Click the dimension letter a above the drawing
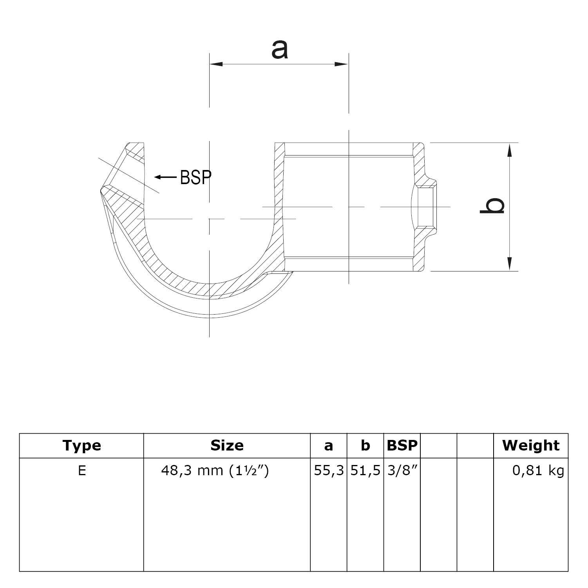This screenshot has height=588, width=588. (x=279, y=50)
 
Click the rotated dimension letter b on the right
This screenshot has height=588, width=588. (x=492, y=206)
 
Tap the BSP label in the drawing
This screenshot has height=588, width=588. (x=195, y=177)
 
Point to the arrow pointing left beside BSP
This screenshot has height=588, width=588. (x=165, y=177)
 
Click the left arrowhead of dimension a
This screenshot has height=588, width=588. (x=216, y=64)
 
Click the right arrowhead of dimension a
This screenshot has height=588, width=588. (x=342, y=64)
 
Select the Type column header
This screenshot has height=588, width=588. (x=81, y=445)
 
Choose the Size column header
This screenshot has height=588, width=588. (x=227, y=445)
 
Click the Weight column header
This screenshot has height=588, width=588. (x=531, y=445)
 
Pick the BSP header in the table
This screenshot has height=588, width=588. (x=402, y=445)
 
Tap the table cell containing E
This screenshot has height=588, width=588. (x=81, y=470)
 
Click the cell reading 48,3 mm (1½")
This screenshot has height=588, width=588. (x=215, y=470)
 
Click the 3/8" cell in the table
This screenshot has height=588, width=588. (x=402, y=470)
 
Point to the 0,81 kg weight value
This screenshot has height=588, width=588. (x=538, y=470)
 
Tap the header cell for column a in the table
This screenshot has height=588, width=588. (x=328, y=445)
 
